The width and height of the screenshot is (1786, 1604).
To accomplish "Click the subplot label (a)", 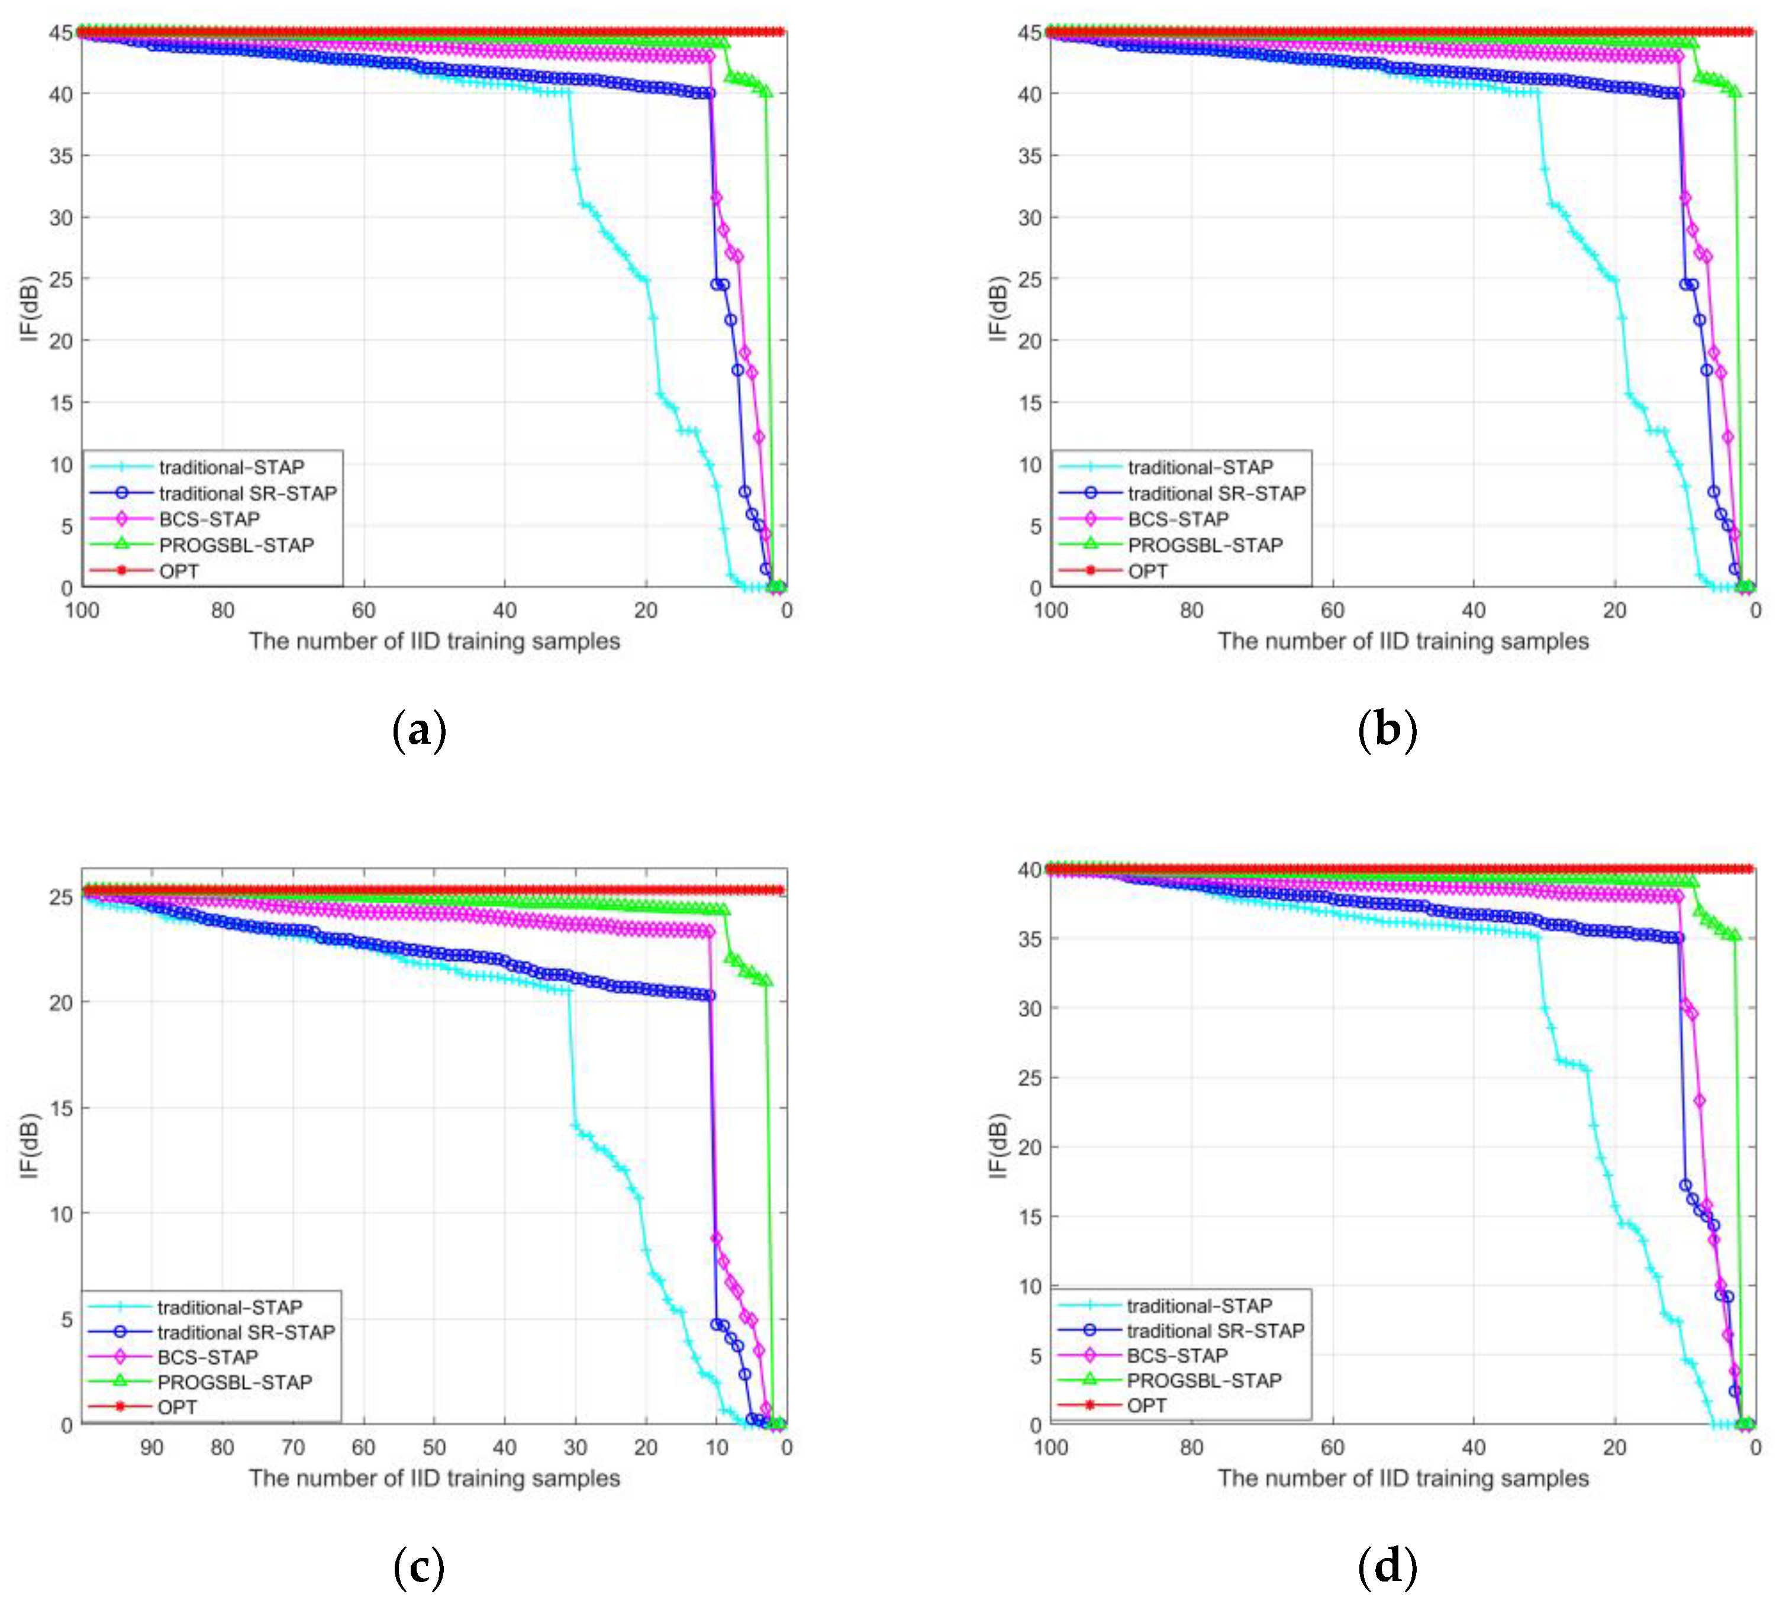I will point(419,731).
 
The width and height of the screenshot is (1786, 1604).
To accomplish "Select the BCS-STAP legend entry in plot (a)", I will point(209,519).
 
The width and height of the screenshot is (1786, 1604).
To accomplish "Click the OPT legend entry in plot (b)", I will point(1147,571).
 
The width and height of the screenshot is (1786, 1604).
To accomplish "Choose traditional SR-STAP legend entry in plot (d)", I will point(1215,1331).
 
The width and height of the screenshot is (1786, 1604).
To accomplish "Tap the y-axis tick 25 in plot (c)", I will point(61,897).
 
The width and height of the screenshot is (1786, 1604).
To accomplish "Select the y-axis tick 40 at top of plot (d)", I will point(1030,870).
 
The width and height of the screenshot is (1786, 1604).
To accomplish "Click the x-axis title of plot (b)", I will point(1403,641).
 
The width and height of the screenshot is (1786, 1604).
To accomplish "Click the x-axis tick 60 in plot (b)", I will point(1332,610).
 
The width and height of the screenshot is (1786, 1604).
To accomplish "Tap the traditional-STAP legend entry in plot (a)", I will point(231,467).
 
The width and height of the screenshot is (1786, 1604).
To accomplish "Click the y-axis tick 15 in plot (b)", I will point(1030,403).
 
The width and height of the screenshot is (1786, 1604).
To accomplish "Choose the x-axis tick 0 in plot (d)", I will point(1755,1447).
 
